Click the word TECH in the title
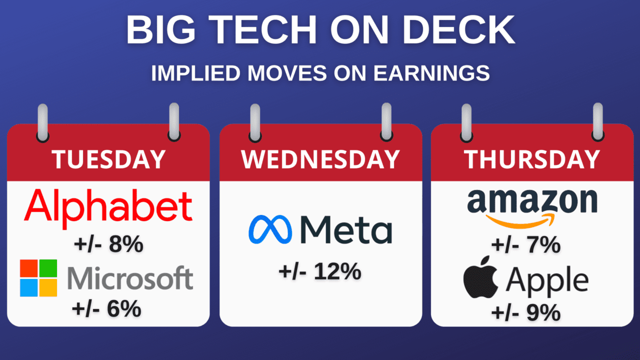click(263, 29)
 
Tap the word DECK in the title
click(458, 29)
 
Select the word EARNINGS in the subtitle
click(431, 73)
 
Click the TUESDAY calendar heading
click(108, 159)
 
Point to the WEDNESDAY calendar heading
click(320, 159)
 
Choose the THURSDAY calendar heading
click(531, 159)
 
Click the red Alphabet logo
click(108, 208)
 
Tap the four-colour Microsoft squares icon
click(38, 278)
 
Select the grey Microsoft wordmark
click(130, 277)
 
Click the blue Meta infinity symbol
click(270, 229)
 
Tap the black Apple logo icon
click(481, 277)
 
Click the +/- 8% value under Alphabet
click(108, 244)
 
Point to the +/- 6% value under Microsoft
click(106, 309)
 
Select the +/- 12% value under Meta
click(320, 271)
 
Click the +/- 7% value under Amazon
click(526, 245)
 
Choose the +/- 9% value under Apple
click(526, 313)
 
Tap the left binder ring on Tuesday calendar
click(43, 123)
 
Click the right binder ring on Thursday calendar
click(597, 122)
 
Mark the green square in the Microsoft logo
click(48, 268)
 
